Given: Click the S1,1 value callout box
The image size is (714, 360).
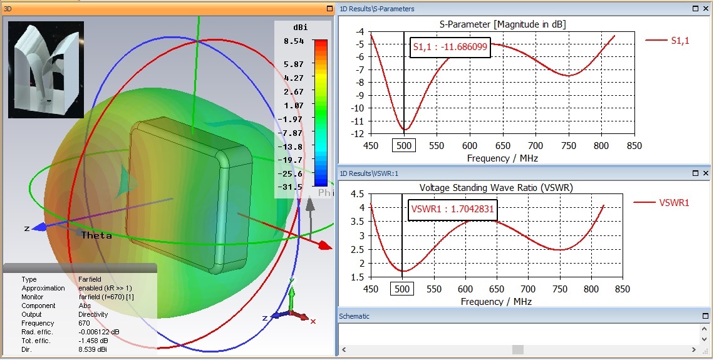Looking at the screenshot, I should click(450, 47).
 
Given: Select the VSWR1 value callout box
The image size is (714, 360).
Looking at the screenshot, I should click(452, 211).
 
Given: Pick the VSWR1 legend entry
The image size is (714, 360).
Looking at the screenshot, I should click(665, 202).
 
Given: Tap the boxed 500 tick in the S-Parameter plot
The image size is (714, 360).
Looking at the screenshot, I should click(403, 145).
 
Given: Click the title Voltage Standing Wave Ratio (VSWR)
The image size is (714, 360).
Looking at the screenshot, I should click(495, 187).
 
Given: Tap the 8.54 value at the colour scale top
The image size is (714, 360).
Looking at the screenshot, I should click(294, 41).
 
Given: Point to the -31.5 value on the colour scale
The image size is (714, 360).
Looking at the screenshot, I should click(292, 187).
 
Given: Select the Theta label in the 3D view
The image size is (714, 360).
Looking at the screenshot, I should click(96, 235).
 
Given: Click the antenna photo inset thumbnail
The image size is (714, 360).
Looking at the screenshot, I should click(46, 69).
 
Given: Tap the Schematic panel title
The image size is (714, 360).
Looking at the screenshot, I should click(354, 316).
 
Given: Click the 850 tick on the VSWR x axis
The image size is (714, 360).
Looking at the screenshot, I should click(622, 289).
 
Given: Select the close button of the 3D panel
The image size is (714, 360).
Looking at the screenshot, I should click(329, 9).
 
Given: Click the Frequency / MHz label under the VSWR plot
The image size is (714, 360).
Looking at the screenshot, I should click(496, 302).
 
